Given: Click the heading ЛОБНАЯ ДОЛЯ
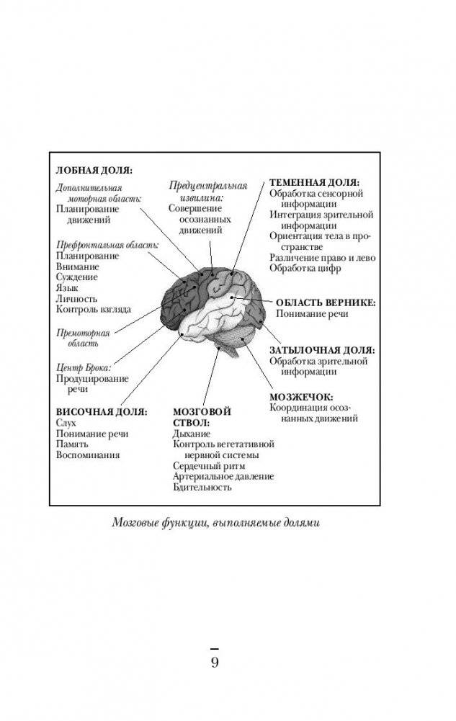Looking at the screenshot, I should click(94, 171).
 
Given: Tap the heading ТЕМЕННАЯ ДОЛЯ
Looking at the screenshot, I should click(314, 182).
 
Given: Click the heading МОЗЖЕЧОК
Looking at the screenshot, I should click(300, 396).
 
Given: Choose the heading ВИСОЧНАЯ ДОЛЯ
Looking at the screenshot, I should click(102, 411).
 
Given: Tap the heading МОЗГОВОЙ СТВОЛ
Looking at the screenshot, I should click(202, 417).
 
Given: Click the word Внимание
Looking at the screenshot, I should click(78, 266).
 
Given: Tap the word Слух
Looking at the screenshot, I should click(66, 423).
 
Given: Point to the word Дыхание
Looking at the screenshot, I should click(192, 434).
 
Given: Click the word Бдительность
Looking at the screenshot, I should click(202, 488).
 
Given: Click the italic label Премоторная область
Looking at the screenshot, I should click(83, 339).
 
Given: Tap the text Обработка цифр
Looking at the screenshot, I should click(305, 268).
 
